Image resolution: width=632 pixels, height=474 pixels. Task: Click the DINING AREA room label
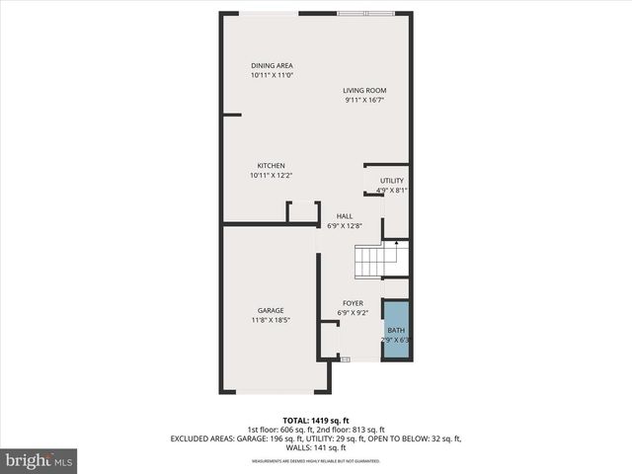(272, 65)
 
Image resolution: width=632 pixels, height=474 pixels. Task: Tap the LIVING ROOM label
(364, 90)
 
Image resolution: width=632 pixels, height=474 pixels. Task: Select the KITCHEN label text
(272, 165)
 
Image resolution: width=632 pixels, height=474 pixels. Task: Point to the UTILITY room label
(392, 181)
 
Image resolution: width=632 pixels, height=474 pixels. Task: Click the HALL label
(345, 216)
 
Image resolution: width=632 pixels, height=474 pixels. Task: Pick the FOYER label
(353, 303)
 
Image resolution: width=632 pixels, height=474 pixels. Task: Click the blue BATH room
(396, 330)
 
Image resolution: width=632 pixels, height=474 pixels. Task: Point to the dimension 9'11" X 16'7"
(364, 100)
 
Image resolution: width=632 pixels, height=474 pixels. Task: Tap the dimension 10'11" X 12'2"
(272, 175)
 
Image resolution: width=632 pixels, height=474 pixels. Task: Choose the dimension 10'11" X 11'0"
(272, 75)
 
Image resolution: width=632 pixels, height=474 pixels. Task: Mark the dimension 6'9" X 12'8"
(345, 226)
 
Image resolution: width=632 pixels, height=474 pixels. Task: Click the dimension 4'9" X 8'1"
(392, 191)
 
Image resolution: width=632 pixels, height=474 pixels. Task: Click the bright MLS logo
(39, 460)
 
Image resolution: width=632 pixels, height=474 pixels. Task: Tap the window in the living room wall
(365, 13)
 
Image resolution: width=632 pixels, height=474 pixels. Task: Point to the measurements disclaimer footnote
(315, 461)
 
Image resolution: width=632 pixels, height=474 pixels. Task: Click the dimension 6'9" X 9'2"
(353, 313)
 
